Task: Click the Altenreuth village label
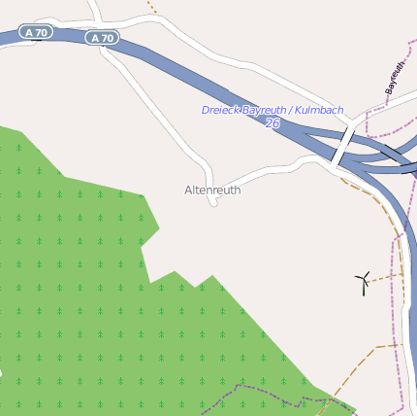point(212,191)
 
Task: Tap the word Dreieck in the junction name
point(220,111)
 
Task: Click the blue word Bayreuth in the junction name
point(265,111)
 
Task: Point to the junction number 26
point(273,123)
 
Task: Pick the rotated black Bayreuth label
point(395,78)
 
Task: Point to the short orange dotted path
point(151,6)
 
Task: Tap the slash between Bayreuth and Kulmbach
point(290,111)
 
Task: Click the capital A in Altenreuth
point(188,191)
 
